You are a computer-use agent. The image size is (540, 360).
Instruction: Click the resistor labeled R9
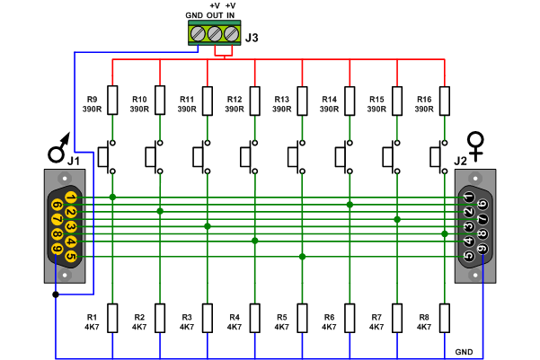112,100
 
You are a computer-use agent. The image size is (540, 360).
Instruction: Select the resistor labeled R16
444,100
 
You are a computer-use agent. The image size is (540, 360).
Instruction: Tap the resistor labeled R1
112,318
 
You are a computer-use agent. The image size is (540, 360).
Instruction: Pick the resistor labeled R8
444,318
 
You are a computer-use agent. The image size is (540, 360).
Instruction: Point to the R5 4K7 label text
281,322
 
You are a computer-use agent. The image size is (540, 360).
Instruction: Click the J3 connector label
252,38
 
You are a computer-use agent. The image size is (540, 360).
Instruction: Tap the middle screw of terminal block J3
215,34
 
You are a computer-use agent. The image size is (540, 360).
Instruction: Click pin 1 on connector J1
70,198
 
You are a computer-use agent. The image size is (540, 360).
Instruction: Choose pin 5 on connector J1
70,256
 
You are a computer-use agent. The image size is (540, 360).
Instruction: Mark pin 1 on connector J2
469,198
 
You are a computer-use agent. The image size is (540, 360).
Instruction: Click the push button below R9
107,158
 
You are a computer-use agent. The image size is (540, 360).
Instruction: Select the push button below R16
438,158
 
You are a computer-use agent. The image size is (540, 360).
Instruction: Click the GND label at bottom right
464,351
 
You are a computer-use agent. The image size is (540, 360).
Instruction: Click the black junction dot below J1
56,294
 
